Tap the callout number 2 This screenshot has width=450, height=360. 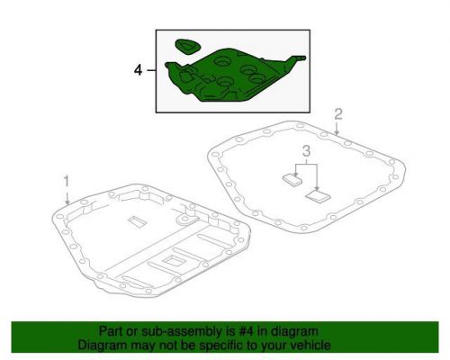coord(338,113)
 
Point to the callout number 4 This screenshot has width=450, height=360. coord(138,67)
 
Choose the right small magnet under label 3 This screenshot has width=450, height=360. coord(317,193)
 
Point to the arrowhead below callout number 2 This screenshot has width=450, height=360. coord(336,134)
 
